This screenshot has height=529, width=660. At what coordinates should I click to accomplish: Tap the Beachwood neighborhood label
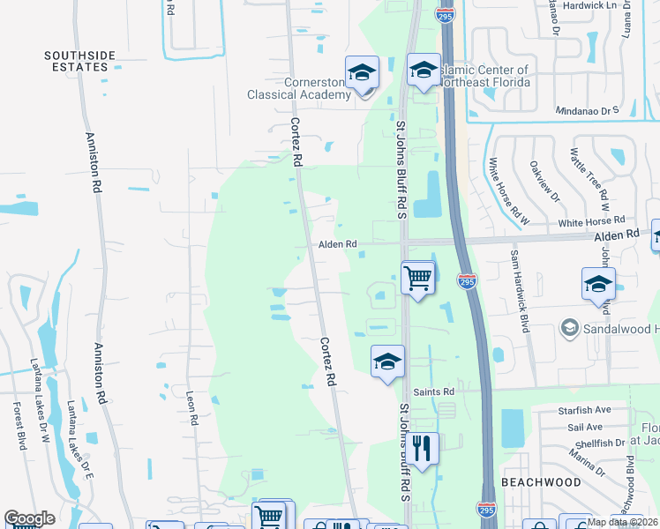541,482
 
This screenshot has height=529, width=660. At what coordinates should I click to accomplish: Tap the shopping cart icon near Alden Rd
417,278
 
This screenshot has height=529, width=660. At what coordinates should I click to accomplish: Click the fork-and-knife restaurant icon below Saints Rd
423,449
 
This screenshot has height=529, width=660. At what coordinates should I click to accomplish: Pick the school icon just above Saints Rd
386,361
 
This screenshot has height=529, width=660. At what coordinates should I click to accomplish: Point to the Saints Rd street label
436,391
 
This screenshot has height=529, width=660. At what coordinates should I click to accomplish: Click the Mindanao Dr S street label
588,112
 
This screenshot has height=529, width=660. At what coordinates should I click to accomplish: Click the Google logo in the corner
29,518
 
